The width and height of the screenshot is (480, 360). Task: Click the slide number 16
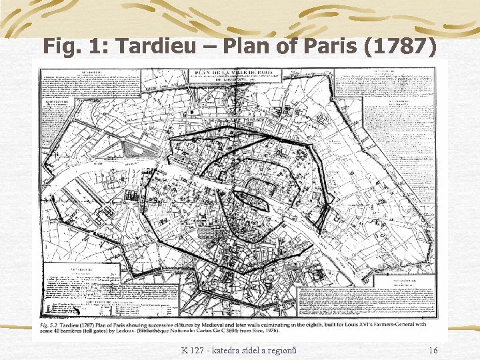pyautogui.click(x=433, y=351)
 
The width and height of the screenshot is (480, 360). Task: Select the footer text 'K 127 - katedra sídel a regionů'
pyautogui.click(x=239, y=351)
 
